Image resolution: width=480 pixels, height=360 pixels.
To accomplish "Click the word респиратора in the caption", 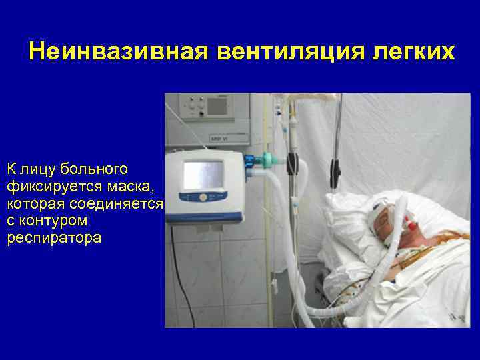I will point(54,237).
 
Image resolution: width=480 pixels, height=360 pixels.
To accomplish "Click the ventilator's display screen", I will point(203,175).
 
